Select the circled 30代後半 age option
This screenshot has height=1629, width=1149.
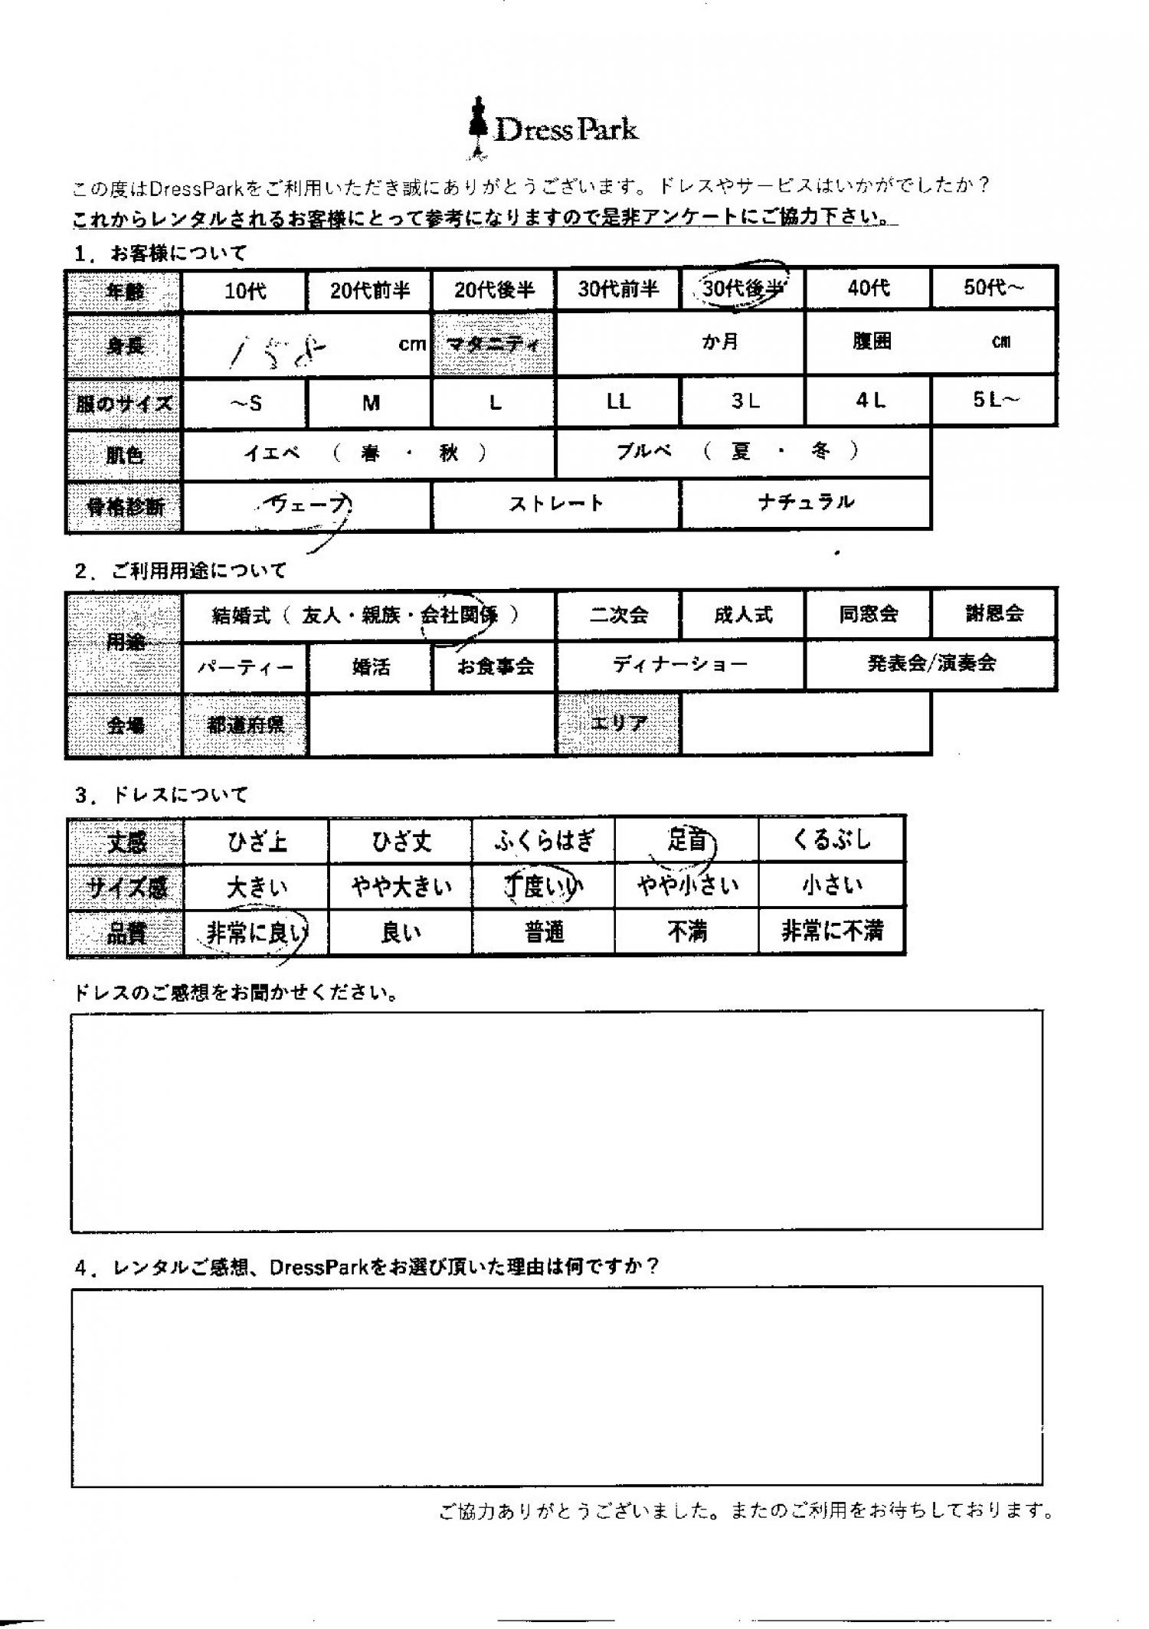(x=741, y=288)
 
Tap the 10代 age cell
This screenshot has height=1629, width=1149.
(x=245, y=291)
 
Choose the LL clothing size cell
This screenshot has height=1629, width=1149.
(x=618, y=401)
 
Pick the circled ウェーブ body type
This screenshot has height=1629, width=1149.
(x=306, y=505)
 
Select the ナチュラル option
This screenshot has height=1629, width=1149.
(x=806, y=503)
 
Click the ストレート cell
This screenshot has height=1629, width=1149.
(x=556, y=504)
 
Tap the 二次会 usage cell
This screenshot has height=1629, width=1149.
(x=618, y=614)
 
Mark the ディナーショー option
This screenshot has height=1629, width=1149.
(x=680, y=664)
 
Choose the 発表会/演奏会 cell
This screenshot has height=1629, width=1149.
(x=931, y=663)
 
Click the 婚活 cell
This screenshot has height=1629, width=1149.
(x=371, y=666)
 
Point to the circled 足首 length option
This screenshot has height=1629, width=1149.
(x=686, y=841)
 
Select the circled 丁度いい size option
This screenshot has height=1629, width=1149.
(x=543, y=886)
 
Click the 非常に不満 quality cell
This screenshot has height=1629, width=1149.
(x=832, y=931)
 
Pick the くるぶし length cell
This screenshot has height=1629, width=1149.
(x=832, y=840)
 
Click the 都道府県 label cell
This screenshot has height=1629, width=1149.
(x=246, y=725)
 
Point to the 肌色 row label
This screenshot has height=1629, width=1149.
(x=125, y=456)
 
